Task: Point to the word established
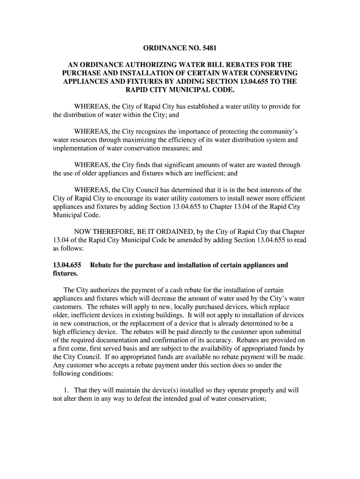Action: point(201,107)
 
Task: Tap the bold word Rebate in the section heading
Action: point(101,265)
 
